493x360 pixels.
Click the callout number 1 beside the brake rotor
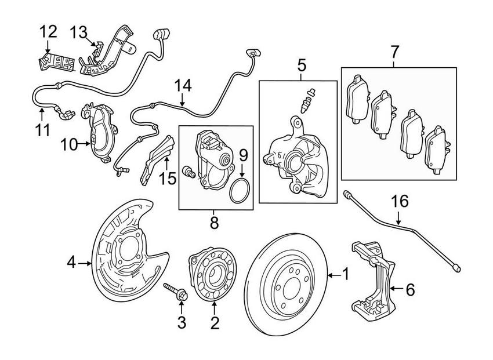click(346, 274)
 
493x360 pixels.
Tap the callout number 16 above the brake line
click(400, 202)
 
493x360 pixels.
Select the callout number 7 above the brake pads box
click(394, 52)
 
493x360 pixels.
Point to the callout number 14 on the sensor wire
click(183, 86)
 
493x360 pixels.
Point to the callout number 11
click(41, 128)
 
